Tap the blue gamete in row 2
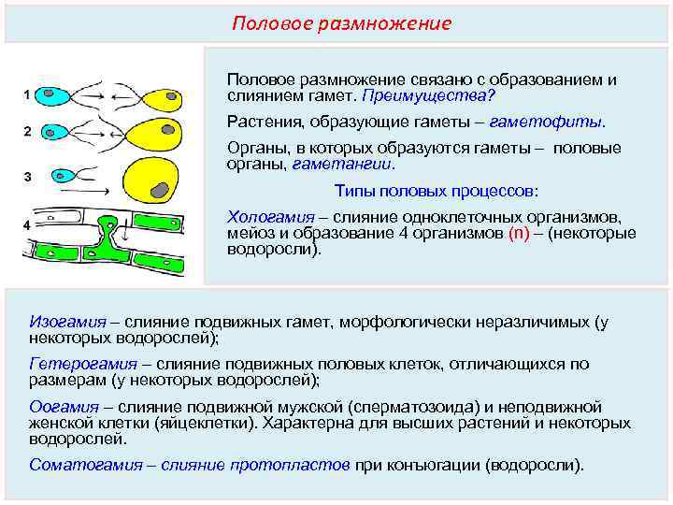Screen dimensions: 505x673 click(x=60, y=134)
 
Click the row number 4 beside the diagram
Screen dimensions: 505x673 click(x=27, y=224)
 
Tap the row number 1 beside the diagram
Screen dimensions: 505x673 click(x=27, y=94)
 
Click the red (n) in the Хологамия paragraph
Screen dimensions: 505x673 click(x=519, y=234)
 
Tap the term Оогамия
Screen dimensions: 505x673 click(x=64, y=408)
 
